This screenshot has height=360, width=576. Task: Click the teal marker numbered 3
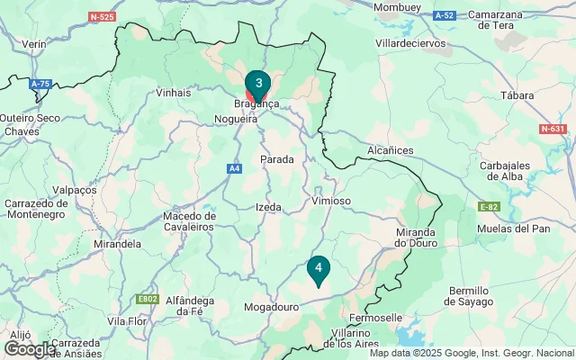pyautogui.click(x=258, y=85)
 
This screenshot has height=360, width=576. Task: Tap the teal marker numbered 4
pyautogui.click(x=318, y=267)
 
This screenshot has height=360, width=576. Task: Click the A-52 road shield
pyautogui.click(x=444, y=16)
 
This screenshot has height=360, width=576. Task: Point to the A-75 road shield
pyautogui.click(x=40, y=84)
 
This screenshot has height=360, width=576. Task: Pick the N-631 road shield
pyautogui.click(x=553, y=129)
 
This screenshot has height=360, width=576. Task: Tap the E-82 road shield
pyautogui.click(x=489, y=207)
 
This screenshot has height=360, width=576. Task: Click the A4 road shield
pyautogui.click(x=234, y=167)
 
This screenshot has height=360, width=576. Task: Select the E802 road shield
pyautogui.click(x=147, y=299)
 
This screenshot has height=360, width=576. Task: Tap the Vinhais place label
pyautogui.click(x=174, y=92)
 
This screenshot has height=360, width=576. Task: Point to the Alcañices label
pyautogui.click(x=391, y=150)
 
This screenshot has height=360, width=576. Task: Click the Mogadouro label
pyautogui.click(x=272, y=307)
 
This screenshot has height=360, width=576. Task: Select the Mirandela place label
pyautogui.click(x=117, y=244)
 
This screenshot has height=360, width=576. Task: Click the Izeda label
pyautogui.click(x=268, y=207)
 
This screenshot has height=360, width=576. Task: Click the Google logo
pyautogui.click(x=30, y=348)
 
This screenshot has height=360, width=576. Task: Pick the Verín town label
pyautogui.click(x=34, y=43)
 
